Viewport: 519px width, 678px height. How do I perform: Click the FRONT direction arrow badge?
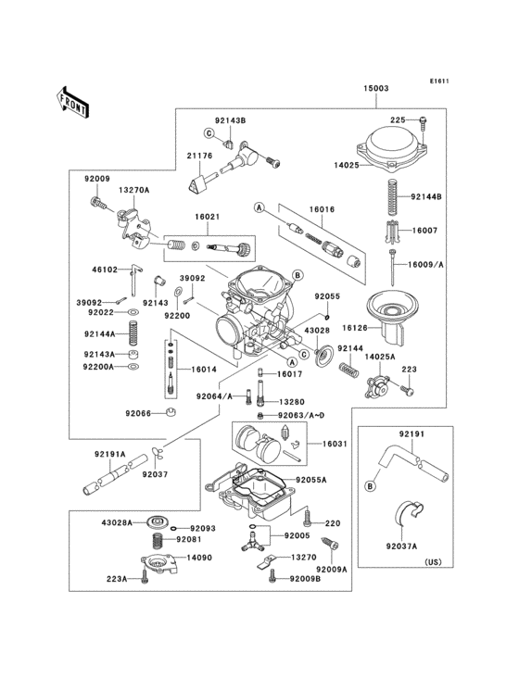(x=72, y=100)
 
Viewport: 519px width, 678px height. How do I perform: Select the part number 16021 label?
(x=207, y=217)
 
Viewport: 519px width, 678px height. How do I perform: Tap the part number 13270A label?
(x=133, y=190)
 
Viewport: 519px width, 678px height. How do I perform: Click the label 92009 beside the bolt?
(x=97, y=178)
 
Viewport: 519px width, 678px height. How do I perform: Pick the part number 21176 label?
(x=199, y=157)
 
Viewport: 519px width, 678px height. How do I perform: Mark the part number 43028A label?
(x=117, y=522)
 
